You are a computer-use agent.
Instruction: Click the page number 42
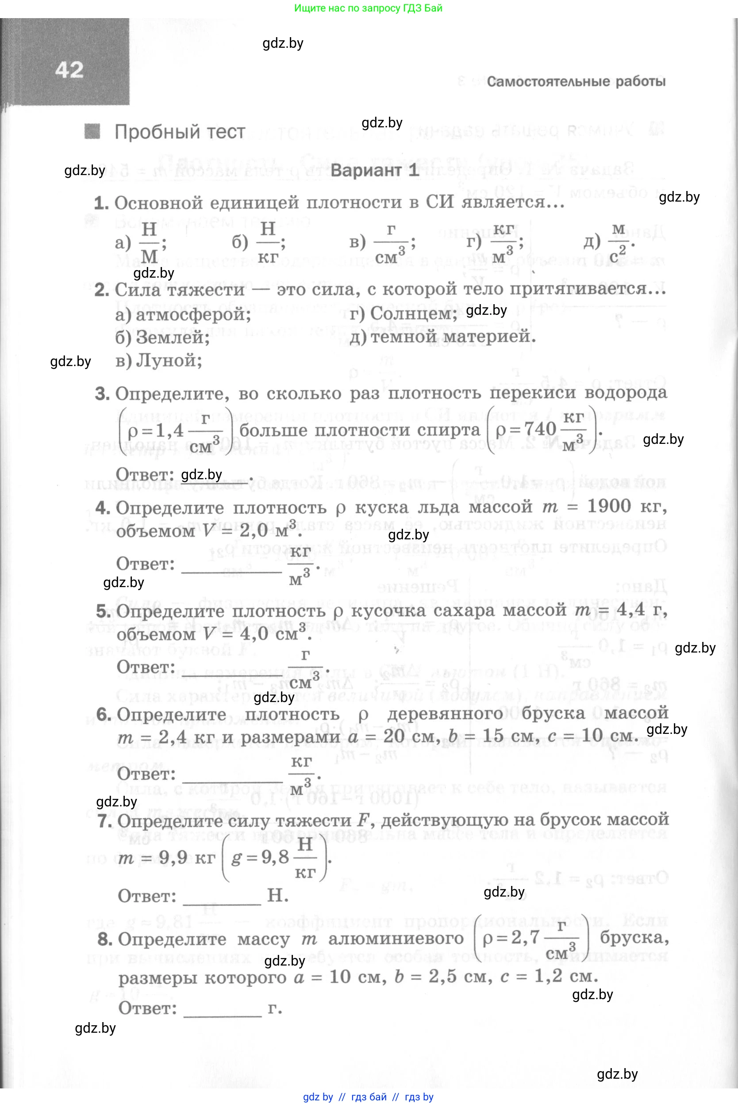coord(69,69)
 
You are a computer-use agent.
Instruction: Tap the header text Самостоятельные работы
coord(576,81)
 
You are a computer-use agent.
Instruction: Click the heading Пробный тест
coord(179,132)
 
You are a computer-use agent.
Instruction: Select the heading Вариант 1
coord(374,170)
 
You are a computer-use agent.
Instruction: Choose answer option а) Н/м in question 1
coord(141,243)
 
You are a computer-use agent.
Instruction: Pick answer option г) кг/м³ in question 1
coord(494,243)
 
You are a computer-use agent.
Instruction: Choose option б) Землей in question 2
coord(162,337)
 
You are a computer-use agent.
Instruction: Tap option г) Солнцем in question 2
coord(403,313)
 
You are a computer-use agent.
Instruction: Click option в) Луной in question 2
coord(158,361)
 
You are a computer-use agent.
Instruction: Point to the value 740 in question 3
coord(540,429)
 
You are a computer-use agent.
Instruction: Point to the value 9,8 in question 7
coord(275,857)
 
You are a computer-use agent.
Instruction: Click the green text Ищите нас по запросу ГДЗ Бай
coord(368,8)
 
